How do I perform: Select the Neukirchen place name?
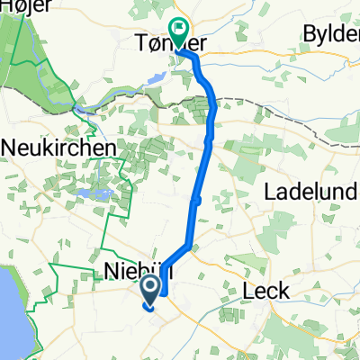[x=59, y=146]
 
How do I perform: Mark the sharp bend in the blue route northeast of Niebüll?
[x=187, y=244]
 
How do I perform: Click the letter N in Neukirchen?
[x=12, y=146]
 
